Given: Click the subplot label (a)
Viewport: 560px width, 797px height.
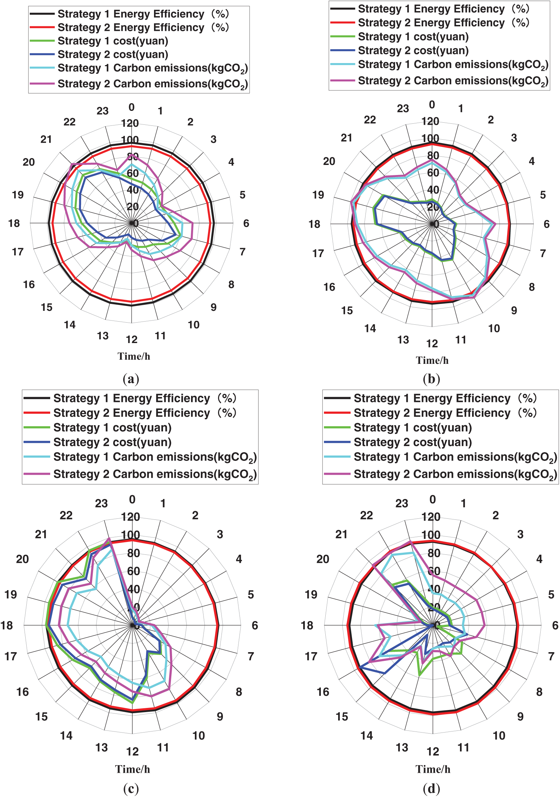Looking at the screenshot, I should [131, 379].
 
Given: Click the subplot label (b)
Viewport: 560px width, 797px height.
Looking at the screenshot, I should [431, 379].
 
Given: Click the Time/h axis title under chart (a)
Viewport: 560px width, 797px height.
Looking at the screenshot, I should [134, 357].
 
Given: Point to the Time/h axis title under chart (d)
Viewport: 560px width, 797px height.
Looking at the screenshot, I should [433, 769].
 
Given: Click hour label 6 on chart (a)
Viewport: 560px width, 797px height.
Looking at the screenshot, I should [246, 223].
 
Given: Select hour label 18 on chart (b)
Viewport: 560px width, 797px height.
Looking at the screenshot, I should [314, 224].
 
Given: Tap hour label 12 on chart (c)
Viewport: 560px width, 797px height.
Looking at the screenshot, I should [132, 752].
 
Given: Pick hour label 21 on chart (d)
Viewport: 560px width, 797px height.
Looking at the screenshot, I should [341, 534].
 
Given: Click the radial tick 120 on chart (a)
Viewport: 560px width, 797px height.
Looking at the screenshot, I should [130, 123].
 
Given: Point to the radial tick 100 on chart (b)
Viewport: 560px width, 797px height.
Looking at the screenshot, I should [430, 138].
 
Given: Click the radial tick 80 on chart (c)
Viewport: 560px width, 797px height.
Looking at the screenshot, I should [134, 553].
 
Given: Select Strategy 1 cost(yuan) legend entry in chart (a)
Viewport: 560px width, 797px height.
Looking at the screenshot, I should [113, 41].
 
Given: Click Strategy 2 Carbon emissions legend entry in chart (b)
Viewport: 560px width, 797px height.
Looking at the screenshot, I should [453, 81].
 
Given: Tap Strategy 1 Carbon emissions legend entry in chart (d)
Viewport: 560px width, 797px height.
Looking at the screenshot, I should [455, 457].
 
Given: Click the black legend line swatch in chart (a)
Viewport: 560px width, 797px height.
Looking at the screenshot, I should [42, 14].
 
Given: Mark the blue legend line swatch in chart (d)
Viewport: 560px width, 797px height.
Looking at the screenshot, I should [337, 442].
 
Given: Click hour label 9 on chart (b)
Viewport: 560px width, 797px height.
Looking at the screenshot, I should [514, 310].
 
